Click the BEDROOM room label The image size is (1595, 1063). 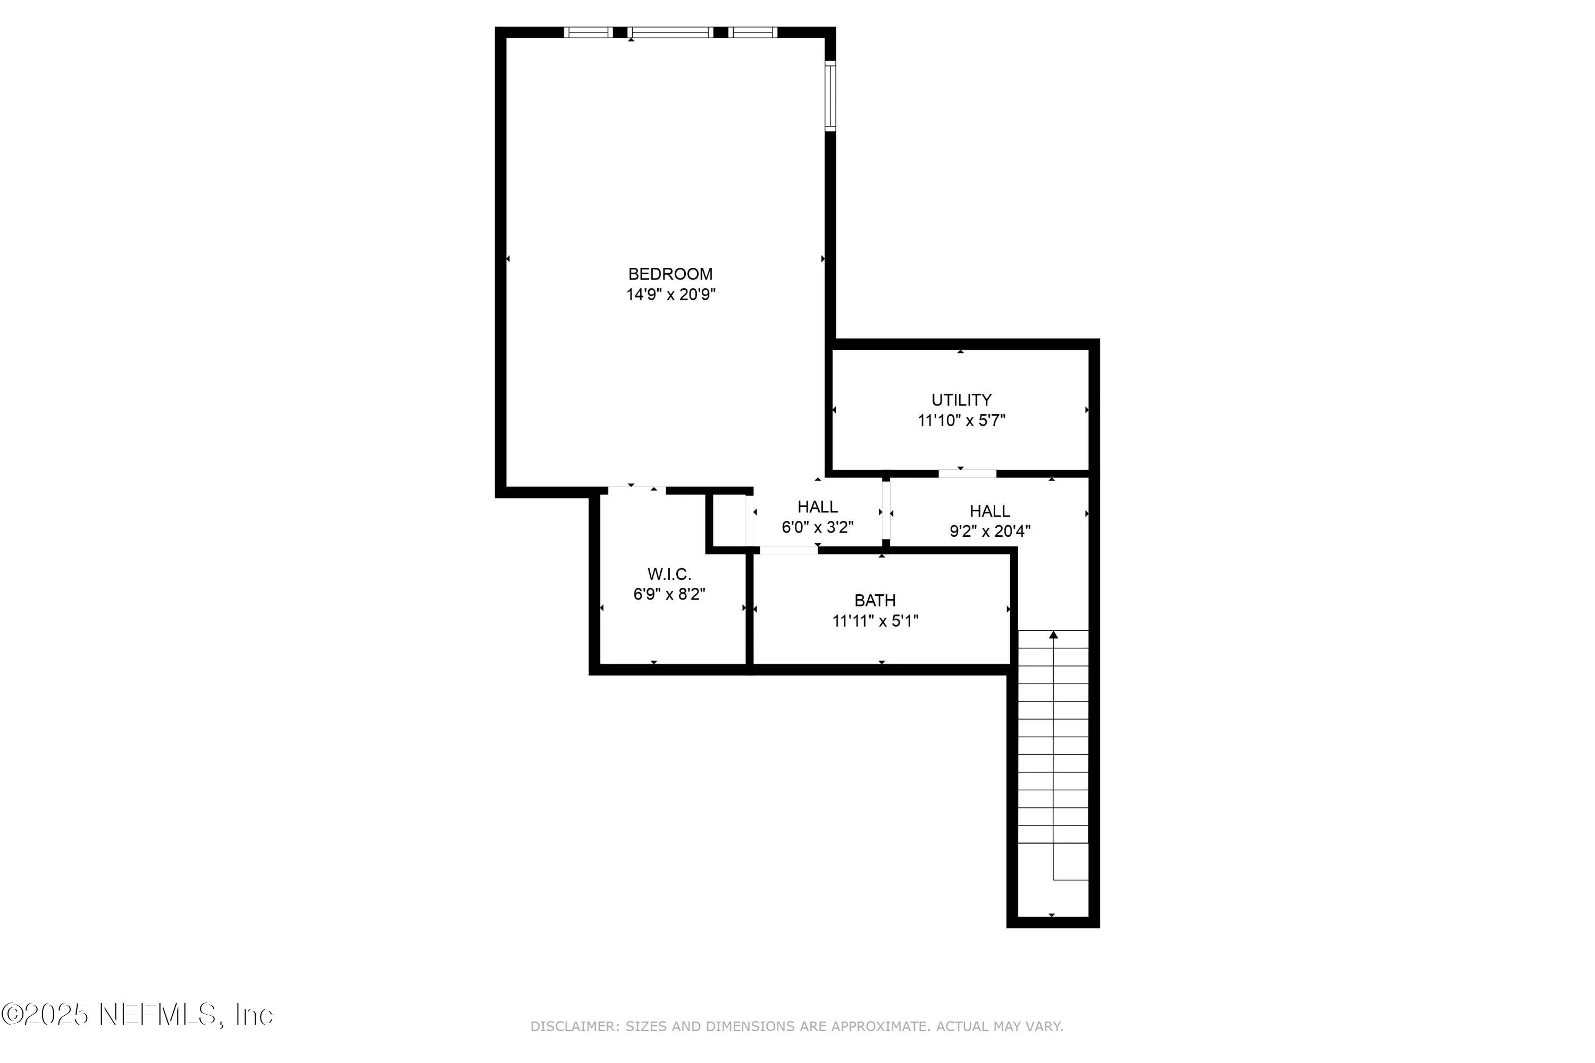(670, 274)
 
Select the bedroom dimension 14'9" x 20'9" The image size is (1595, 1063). (670, 295)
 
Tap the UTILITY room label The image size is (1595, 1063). (961, 400)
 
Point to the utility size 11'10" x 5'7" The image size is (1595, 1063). (961, 421)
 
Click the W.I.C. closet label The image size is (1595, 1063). (669, 574)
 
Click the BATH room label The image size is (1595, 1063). (875, 601)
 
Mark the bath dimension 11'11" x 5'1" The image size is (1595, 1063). (875, 621)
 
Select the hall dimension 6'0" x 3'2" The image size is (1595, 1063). (817, 527)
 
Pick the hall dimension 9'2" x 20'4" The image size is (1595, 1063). (989, 531)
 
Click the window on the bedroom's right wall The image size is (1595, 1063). (830, 96)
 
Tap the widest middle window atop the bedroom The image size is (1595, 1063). (670, 32)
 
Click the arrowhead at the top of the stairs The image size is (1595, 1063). (1053, 635)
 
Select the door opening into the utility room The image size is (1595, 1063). (967, 473)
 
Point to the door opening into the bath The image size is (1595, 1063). (788, 550)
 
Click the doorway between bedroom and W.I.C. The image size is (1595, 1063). (636, 490)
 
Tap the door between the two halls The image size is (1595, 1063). (886, 512)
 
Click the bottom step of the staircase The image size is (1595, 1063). (1053, 861)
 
